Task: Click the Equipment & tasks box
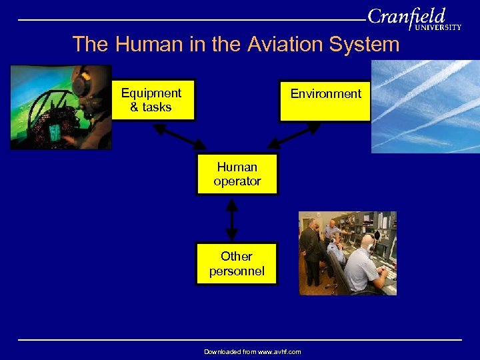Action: click(x=153, y=101)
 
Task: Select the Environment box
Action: click(x=325, y=101)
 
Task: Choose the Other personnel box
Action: click(x=236, y=263)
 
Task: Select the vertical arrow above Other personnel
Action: click(x=231, y=219)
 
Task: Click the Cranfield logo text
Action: click(x=406, y=16)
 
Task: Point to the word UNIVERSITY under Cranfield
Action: click(x=437, y=28)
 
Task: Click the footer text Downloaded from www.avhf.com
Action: click(x=252, y=351)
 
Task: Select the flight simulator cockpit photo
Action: click(x=60, y=107)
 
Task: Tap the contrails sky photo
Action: click(x=425, y=107)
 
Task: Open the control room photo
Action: click(x=347, y=253)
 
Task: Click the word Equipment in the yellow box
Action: click(x=151, y=93)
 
